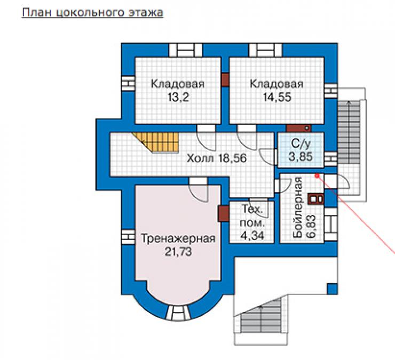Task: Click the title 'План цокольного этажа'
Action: pyautogui.click(x=93, y=13)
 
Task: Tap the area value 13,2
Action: pyautogui.click(x=178, y=97)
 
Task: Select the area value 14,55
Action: pyautogui.click(x=277, y=97)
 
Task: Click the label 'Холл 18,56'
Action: pyautogui.click(x=217, y=158)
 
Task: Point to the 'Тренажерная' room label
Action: pyautogui.click(x=178, y=238)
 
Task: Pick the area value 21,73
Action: pyautogui.click(x=178, y=252)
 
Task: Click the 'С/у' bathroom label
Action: pyautogui.click(x=301, y=144)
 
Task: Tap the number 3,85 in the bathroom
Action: pyautogui.click(x=301, y=157)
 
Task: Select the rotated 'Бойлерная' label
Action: pyautogui.click(x=298, y=207)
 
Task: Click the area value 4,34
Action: pyautogui.click(x=252, y=236)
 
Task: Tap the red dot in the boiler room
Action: pyautogui.click(x=317, y=175)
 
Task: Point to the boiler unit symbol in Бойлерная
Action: pyautogui.click(x=315, y=199)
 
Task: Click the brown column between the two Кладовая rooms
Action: pyautogui.click(x=225, y=80)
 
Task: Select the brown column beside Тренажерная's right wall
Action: pyautogui.click(x=223, y=214)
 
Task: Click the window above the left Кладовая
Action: pyautogui.click(x=186, y=50)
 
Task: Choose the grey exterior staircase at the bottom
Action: pyautogui.click(x=260, y=315)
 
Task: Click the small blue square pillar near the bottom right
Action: pyautogui.click(x=332, y=289)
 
